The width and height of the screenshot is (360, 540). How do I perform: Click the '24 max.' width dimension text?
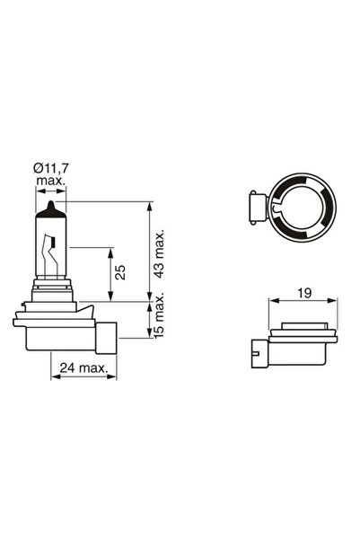(83, 367)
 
